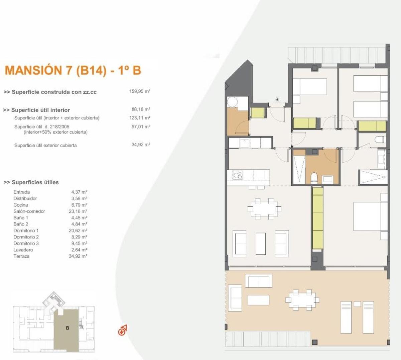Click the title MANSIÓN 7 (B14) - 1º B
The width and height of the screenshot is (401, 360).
pos(73,70)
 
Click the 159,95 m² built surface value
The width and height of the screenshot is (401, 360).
pos(140,91)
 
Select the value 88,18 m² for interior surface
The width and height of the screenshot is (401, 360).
pos(141,109)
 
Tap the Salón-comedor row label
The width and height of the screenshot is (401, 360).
pos(29,211)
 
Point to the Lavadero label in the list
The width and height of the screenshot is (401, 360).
pos(23,250)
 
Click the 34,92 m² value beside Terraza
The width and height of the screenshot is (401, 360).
pos(78,256)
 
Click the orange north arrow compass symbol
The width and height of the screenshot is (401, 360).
pos(122,331)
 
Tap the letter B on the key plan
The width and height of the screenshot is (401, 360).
pos(68,328)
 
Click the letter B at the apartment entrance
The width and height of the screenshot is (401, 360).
pos(277,99)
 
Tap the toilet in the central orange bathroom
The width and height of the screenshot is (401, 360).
pos(314,177)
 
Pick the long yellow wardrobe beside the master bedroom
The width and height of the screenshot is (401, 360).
pos(317,218)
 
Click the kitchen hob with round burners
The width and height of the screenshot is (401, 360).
pos(238,175)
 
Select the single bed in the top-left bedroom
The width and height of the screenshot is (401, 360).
pos(309,87)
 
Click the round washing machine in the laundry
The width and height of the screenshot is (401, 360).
pos(232,101)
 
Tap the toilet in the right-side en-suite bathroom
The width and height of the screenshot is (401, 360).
pos(380,139)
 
